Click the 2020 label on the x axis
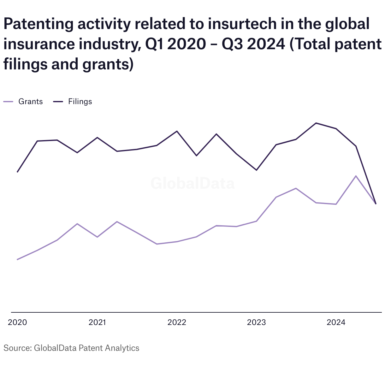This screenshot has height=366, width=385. [17, 322]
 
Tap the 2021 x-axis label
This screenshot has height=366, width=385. [97, 322]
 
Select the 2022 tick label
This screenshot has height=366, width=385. [177, 322]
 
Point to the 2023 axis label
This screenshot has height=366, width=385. [256, 322]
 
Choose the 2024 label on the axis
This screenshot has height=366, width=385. [336, 322]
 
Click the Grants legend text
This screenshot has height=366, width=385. [31, 102]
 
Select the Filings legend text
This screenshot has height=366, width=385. [80, 102]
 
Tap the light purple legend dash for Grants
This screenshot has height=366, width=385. [9, 102]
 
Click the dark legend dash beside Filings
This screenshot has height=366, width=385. [58, 102]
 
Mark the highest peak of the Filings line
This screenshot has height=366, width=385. [316, 123]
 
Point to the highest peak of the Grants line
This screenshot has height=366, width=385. [356, 176]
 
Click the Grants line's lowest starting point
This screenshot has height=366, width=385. [17, 259]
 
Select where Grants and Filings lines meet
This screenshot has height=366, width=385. [376, 204]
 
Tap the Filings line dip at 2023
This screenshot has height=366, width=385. [256, 170]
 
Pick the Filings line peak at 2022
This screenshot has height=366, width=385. [177, 131]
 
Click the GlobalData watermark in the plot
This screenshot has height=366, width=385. [192, 183]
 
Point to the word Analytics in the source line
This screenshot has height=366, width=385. [122, 348]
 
